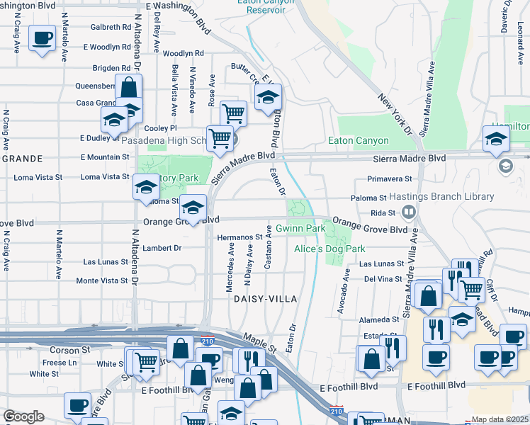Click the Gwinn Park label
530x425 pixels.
300,229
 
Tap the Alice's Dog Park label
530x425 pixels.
330,249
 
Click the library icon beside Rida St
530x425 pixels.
408,212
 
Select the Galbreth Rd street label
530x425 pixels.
111,28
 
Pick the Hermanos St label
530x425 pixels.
239,237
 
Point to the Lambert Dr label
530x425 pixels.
162,248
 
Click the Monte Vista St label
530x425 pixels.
102,280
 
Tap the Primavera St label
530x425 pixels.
389,179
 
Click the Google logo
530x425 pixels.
23,417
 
